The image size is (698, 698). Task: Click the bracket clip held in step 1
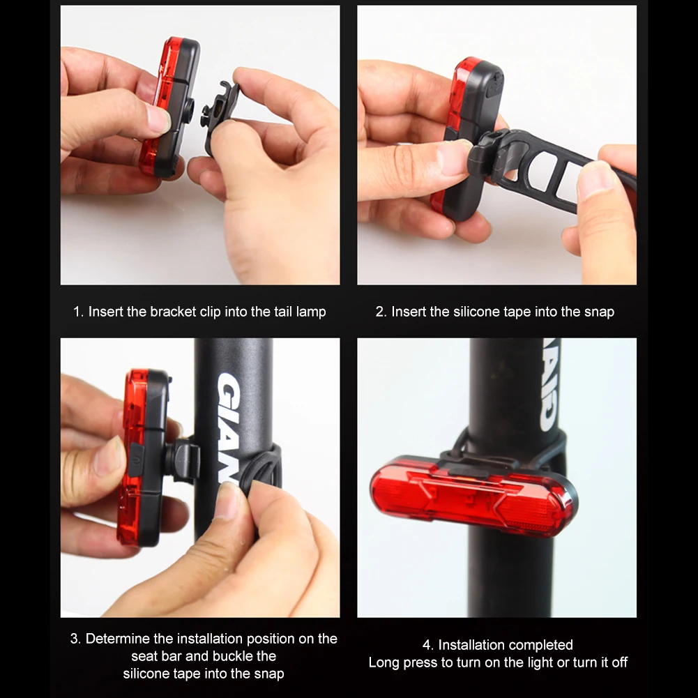coord(220,115)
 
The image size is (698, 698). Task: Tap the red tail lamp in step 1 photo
coord(157,105)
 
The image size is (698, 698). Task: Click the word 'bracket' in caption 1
coord(174,312)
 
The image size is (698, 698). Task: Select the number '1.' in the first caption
coord(79,312)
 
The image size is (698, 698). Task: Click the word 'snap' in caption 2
coord(598,312)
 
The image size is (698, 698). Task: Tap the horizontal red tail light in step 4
coord(474,496)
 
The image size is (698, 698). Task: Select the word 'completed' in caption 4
coord(540,645)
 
